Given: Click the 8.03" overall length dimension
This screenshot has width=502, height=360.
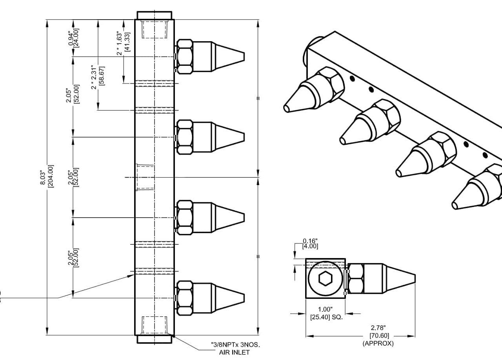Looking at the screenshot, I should tap(50, 176).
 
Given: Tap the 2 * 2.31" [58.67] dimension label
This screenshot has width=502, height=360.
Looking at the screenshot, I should tap(98, 77).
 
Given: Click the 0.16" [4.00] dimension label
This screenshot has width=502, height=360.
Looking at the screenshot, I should tap(310, 244).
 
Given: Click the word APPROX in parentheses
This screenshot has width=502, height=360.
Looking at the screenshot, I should tap(378, 344).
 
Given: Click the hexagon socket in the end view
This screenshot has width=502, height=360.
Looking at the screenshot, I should tap(325, 278).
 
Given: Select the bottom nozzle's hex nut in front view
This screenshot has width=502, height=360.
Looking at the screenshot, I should tap(184, 298).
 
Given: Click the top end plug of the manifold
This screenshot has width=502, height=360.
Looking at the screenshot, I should tap(154, 15).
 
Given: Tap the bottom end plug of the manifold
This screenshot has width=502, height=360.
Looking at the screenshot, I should tap(154, 339).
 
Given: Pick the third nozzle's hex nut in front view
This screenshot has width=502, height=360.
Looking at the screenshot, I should tap(184, 218).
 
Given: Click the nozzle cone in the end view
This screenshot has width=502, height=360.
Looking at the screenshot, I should tap(400, 278).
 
